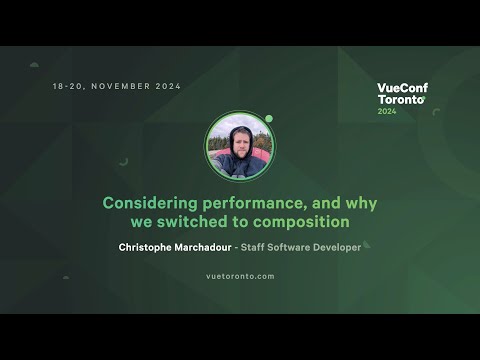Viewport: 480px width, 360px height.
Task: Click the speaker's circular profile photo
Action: click(x=239, y=146)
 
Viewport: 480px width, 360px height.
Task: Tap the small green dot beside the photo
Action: click(x=269, y=118)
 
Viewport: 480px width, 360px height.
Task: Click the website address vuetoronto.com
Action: click(x=240, y=276)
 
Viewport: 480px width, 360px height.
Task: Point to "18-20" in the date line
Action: click(x=67, y=87)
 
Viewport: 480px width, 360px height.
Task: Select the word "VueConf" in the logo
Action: click(x=402, y=88)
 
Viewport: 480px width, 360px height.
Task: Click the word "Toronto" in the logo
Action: click(x=400, y=100)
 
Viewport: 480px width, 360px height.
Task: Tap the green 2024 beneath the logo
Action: click(x=387, y=111)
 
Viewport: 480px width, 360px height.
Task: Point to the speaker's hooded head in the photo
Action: click(x=240, y=138)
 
